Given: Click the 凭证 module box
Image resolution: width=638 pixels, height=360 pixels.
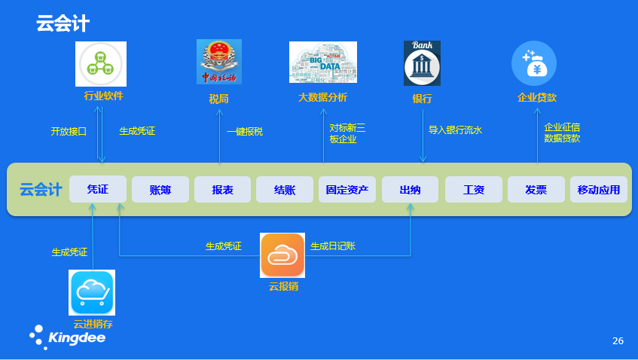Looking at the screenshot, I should [98, 189].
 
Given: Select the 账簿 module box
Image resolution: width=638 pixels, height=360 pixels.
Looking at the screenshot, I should [160, 190].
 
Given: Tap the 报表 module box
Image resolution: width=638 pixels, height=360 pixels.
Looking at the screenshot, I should [222, 190].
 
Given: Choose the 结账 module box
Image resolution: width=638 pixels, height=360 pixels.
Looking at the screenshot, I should [285, 190].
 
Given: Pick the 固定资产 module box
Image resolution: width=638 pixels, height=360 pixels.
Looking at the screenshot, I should [347, 190].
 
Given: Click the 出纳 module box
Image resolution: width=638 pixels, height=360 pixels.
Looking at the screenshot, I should [410, 190].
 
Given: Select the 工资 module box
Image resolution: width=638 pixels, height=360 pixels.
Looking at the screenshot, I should [473, 190].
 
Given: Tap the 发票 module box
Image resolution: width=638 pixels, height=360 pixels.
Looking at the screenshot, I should [536, 190].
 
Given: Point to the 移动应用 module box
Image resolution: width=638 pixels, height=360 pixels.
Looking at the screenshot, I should [598, 190].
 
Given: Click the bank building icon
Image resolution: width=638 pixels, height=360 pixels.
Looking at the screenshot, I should [422, 63].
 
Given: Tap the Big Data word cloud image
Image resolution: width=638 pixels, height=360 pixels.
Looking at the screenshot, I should [322, 63].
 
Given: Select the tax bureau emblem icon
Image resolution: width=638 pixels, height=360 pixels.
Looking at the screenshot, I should [219, 62].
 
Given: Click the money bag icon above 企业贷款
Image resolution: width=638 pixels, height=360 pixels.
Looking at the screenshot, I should [534, 63].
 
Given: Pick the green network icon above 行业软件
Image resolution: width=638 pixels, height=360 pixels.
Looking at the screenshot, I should [101, 64].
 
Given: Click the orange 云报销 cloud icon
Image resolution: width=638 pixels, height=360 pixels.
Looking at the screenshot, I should [282, 255].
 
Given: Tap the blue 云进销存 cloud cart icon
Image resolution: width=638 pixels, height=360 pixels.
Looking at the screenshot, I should [92, 292].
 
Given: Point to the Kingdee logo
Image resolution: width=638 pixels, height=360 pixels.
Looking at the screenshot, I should [68, 337].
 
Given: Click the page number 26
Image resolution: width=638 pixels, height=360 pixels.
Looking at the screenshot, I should [618, 341].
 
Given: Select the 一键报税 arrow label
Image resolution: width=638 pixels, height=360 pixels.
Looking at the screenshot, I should [245, 132].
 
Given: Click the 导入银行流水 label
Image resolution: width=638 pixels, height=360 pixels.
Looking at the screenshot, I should [455, 130].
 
